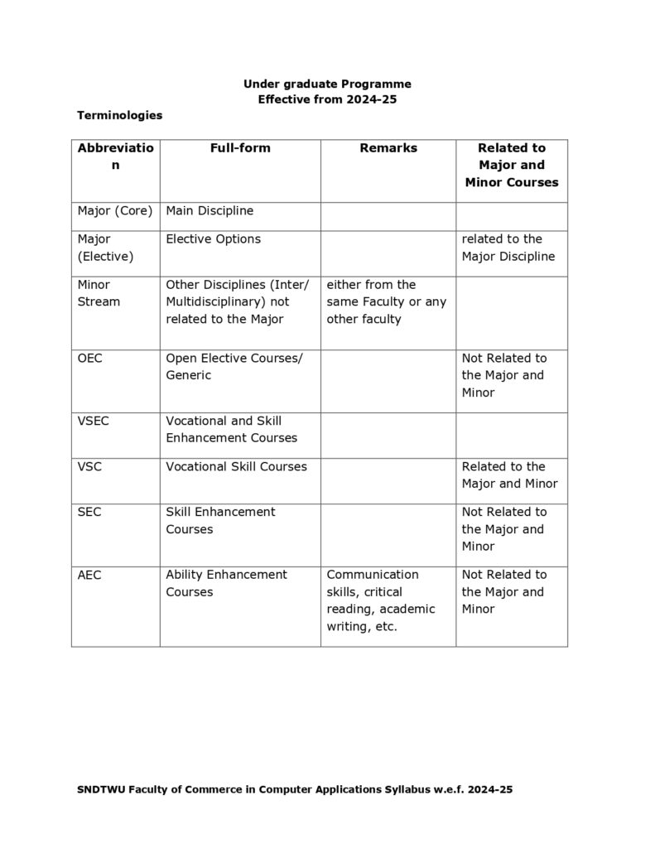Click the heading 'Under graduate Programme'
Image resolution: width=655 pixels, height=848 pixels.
tap(327, 84)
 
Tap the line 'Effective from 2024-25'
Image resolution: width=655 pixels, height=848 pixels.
tap(327, 99)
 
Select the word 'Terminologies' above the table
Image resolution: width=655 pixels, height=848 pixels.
tap(119, 115)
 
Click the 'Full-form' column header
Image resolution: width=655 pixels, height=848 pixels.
tap(240, 148)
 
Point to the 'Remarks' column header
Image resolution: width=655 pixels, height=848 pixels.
tap(388, 148)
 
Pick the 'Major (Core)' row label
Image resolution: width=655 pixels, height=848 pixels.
tap(115, 211)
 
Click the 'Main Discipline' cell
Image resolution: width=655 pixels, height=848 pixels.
tap(210, 211)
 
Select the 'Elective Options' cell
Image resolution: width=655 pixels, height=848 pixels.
tap(213, 239)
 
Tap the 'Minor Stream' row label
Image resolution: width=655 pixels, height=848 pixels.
tap(99, 293)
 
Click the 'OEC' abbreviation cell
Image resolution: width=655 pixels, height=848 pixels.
tap(89, 359)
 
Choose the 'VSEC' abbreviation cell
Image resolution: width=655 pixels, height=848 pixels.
tap(93, 422)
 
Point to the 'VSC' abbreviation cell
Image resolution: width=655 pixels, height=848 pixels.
tap(89, 467)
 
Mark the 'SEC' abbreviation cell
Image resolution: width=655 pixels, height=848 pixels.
tap(89, 513)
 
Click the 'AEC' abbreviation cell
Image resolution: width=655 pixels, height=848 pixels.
tap(89, 575)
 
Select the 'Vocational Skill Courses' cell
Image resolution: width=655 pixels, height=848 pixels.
tap(236, 467)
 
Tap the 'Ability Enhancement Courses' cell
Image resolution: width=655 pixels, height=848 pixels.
tap(226, 583)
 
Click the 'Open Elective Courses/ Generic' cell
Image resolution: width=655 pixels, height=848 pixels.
tap(234, 367)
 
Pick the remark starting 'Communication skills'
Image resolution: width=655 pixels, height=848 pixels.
tap(381, 600)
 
